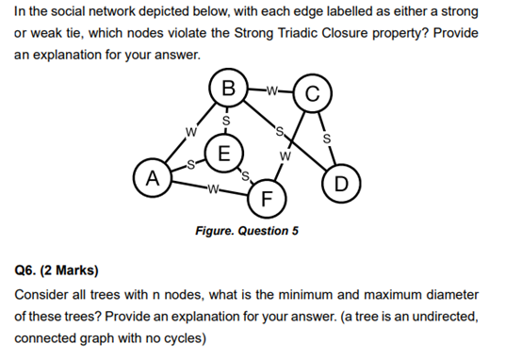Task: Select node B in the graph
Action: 225,92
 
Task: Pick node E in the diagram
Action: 223,153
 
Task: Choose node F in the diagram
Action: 267,199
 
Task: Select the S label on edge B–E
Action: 225,122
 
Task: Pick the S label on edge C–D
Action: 327,140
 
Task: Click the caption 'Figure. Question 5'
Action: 246,230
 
